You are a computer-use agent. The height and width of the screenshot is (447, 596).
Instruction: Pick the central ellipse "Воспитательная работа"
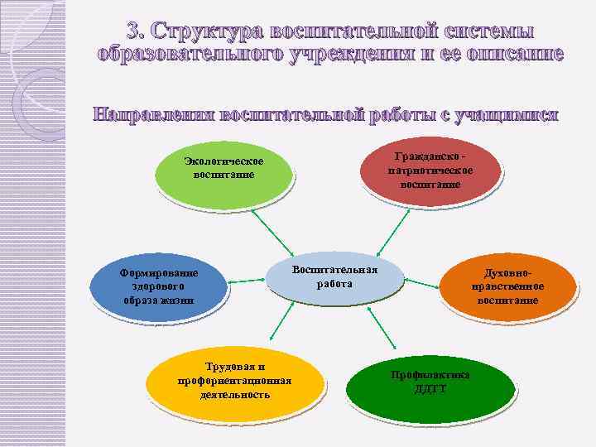pos(334,276)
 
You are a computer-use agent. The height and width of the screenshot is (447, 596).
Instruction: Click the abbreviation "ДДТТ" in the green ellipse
pos(430,388)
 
